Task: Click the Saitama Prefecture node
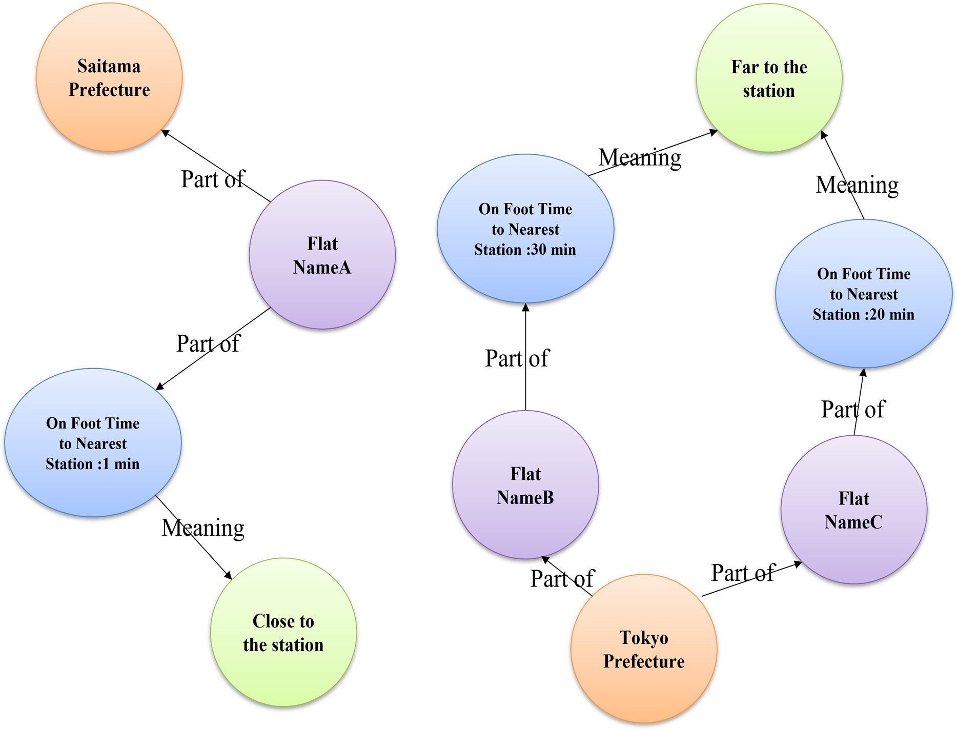109,77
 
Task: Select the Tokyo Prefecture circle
644,648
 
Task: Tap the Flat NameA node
322,255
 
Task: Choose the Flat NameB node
525,485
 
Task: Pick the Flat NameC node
854,510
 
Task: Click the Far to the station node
769,78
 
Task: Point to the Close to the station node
283,632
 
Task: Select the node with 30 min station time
525,229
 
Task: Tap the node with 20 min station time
864,294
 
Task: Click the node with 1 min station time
93,443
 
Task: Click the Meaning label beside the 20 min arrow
857,185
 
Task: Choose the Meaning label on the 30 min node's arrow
640,157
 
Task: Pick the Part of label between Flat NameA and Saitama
213,179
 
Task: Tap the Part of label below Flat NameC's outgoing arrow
852,410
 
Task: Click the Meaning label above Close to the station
203,528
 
